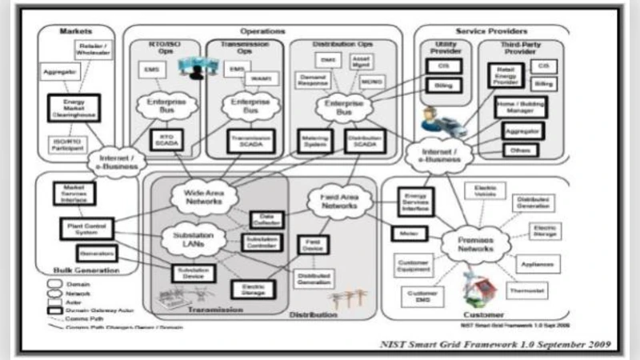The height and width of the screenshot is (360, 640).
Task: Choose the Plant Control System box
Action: [x=86, y=228]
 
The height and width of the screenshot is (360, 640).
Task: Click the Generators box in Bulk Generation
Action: [x=96, y=254]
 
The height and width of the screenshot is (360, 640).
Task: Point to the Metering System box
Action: [x=314, y=141]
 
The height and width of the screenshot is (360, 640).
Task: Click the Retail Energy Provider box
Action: [x=505, y=77]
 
